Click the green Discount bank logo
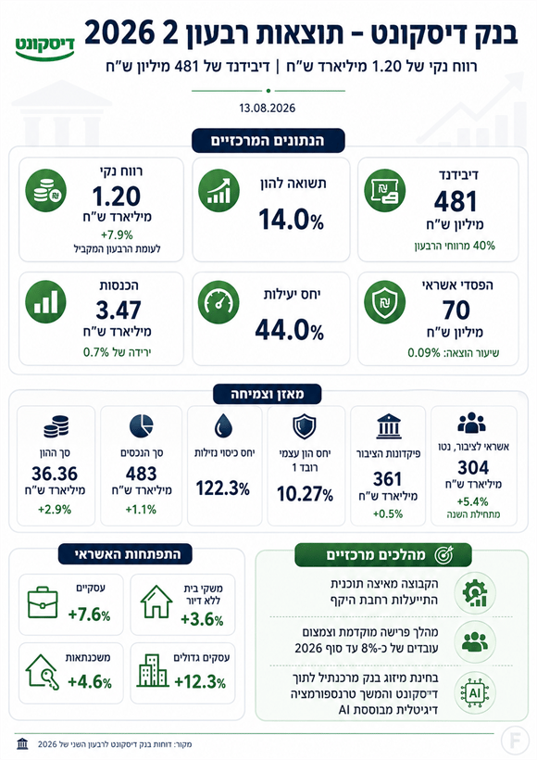click(45, 47)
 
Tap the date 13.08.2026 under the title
click(268, 108)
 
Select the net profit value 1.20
click(117, 196)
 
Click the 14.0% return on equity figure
click(291, 219)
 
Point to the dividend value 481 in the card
click(456, 202)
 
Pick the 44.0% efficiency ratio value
click(290, 331)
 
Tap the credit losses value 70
click(456, 310)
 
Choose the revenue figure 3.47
click(119, 310)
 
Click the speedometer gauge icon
click(219, 302)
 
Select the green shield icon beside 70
click(384, 302)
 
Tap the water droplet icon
click(223, 426)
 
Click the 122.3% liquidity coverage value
click(223, 488)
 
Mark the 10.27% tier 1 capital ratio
click(305, 494)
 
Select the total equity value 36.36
click(55, 474)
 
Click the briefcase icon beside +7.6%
click(43, 602)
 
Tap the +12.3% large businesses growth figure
click(200, 682)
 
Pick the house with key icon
click(43, 671)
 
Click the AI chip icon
click(475, 693)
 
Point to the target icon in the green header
click(443, 555)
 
